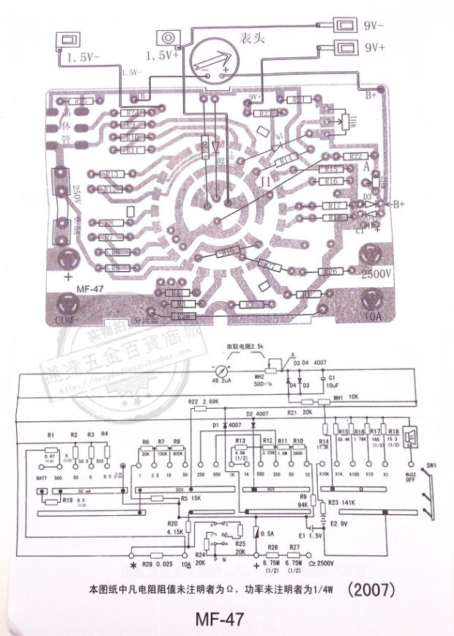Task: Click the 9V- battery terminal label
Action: [x=379, y=24]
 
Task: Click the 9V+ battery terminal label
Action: [x=379, y=48]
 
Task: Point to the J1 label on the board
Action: [x=266, y=180]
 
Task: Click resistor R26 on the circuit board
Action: [x=331, y=272]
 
